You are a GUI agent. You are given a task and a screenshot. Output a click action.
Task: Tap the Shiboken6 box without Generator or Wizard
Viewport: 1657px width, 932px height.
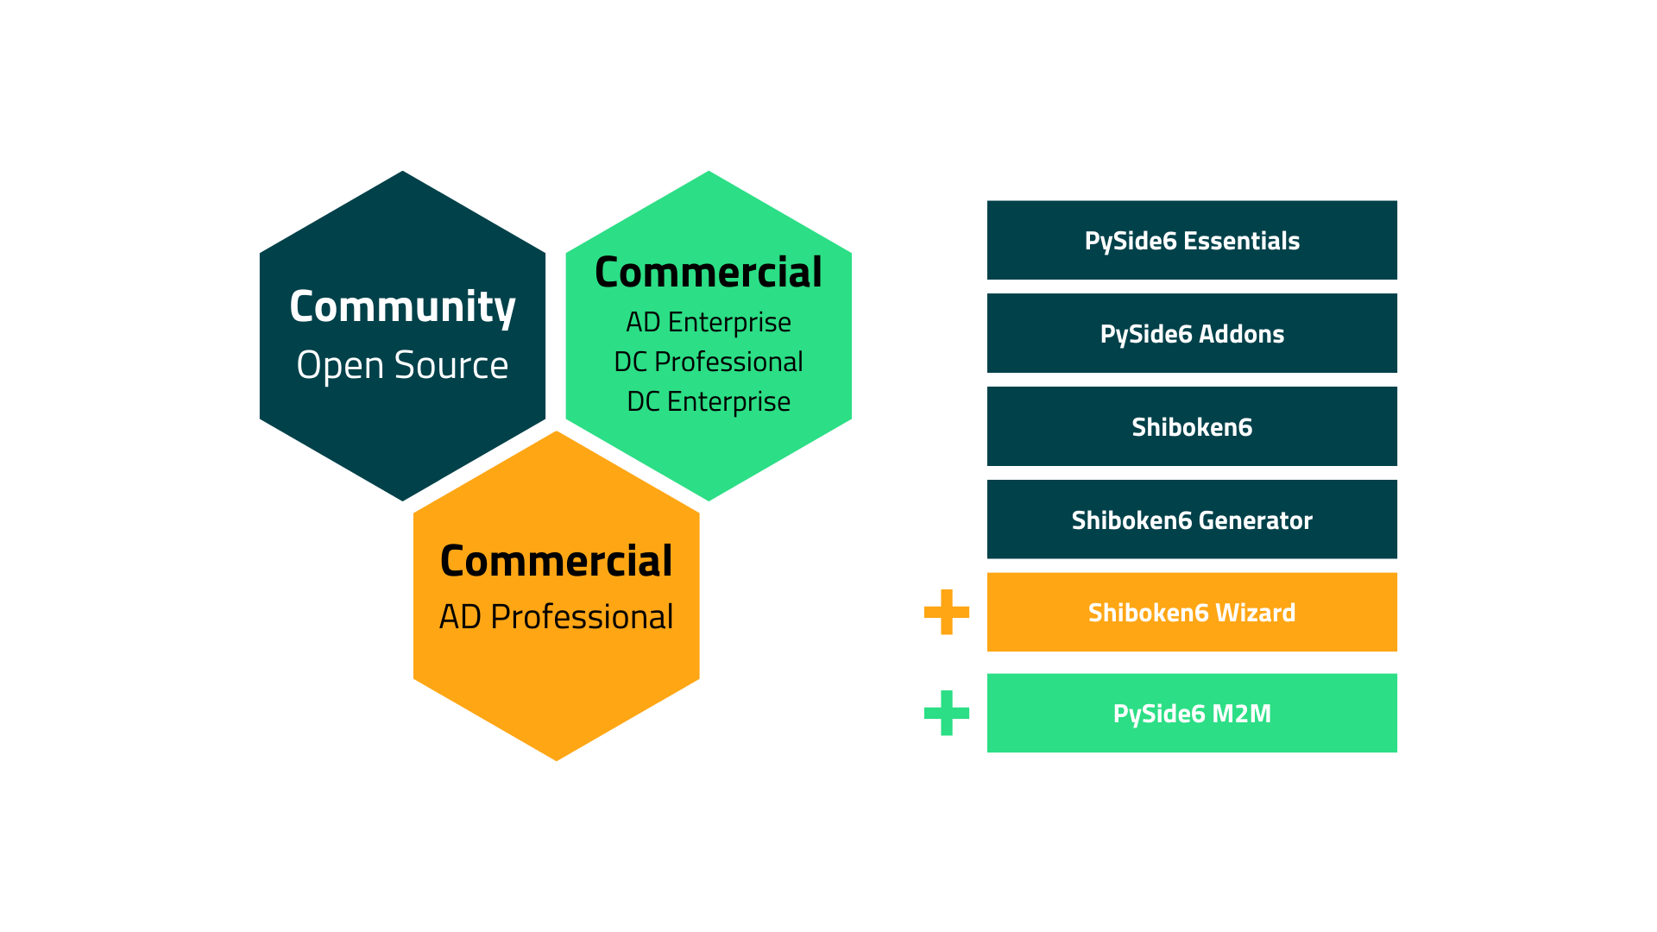[1192, 426]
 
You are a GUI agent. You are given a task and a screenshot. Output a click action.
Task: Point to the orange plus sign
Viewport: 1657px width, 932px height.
[946, 612]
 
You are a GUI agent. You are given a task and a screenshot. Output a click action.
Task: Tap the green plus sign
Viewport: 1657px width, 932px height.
[946, 713]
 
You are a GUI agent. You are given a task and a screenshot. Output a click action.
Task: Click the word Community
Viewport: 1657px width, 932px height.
[402, 307]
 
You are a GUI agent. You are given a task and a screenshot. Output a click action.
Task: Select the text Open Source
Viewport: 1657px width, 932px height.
[402, 365]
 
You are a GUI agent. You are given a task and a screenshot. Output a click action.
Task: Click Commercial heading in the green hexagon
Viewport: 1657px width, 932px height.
[708, 273]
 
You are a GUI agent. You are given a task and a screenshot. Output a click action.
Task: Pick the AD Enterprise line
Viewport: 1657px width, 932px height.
[708, 322]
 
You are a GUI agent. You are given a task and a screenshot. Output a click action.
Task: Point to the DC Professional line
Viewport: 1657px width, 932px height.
[708, 362]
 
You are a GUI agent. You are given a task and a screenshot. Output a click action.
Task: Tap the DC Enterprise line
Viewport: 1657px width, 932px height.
[708, 401]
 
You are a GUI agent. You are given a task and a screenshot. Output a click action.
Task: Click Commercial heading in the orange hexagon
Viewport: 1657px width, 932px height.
[556, 561]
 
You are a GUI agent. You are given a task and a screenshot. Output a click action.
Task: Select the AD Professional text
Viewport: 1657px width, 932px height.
[556, 617]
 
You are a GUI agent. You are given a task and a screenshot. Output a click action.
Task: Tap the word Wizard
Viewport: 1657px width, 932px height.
[1255, 613]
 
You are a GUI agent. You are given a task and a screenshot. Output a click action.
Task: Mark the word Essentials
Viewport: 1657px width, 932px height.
[1241, 241]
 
